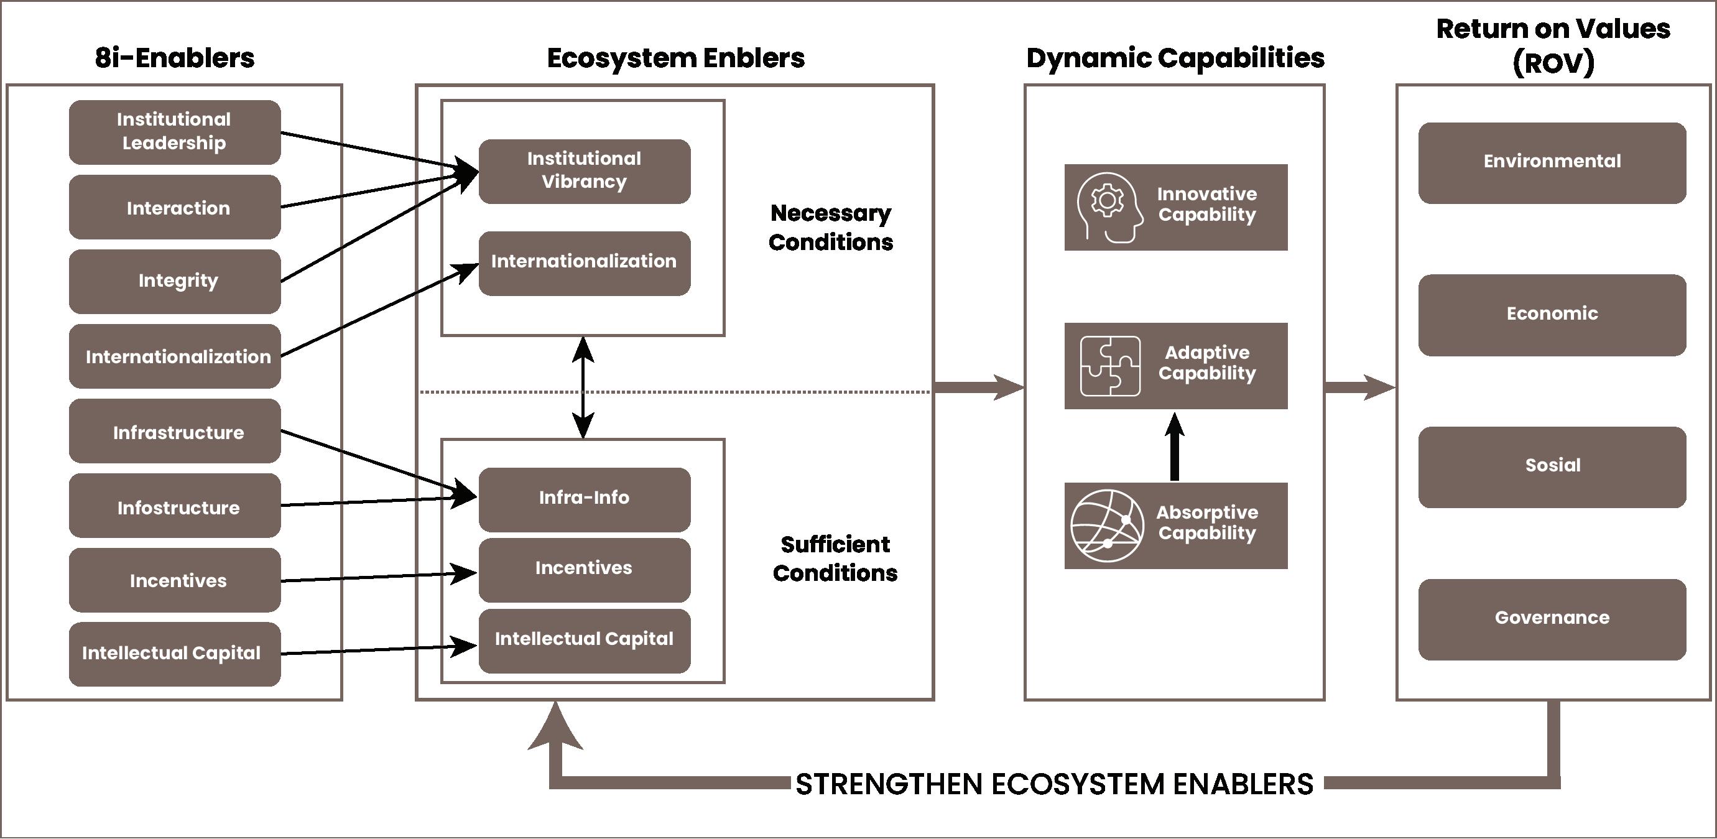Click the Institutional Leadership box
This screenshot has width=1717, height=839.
tap(175, 132)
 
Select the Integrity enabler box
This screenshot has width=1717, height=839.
tap(175, 281)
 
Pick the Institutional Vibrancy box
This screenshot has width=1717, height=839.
tap(584, 170)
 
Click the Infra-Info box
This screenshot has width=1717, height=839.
tap(584, 498)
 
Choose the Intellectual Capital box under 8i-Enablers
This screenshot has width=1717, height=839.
tap(175, 654)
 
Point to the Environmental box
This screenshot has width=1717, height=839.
tap(1552, 162)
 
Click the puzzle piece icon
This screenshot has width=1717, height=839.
tap(1110, 366)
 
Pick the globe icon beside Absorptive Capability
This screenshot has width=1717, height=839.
tap(1107, 526)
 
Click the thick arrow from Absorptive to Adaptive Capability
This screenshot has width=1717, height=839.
tap(1175, 447)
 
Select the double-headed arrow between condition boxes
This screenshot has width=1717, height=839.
tap(583, 387)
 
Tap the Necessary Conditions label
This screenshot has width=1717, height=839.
tap(830, 228)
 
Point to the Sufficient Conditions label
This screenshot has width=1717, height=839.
tap(835, 559)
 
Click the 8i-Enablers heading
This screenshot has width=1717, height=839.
tap(175, 58)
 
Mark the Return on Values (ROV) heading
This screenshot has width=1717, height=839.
tap(1552, 45)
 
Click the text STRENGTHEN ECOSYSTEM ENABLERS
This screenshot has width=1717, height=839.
tap(1055, 784)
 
